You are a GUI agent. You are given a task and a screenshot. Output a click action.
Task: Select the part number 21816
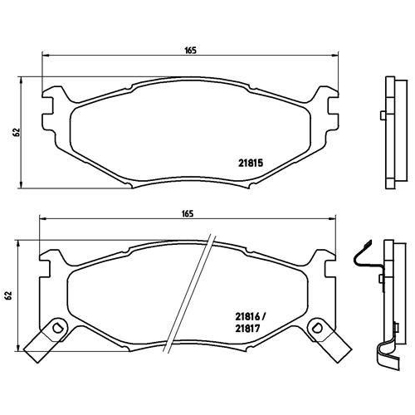pos(248,315)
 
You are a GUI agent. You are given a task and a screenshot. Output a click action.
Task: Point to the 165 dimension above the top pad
pos(189,51)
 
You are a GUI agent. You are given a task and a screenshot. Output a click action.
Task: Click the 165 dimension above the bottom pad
pos(188,213)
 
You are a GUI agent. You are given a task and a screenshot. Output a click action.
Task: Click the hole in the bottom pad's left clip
pos(57,330)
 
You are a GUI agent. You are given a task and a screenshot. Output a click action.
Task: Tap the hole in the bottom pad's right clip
pos(318,330)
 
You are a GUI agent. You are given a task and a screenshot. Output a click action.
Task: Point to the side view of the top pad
pos(388,133)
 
